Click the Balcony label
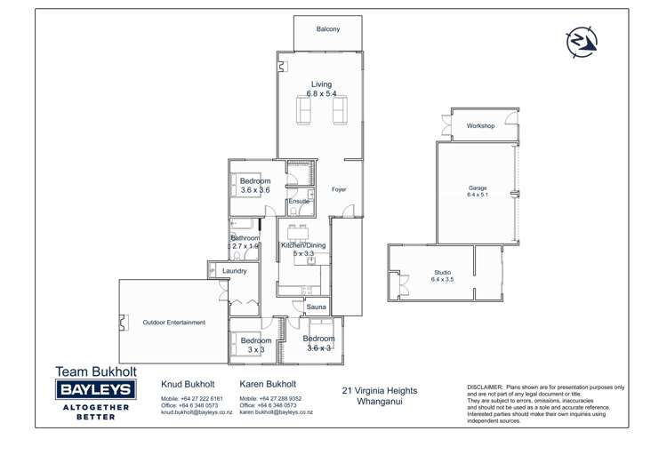[327, 29]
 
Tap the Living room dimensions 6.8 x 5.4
[321, 93]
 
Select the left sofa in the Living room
[302, 111]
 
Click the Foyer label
[339, 189]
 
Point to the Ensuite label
[299, 202]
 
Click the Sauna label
[317, 307]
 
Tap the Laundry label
[234, 270]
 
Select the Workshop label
[480, 126]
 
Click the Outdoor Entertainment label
[174, 323]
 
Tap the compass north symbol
[582, 41]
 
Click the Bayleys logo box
[94, 389]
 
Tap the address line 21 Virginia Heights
[379, 390]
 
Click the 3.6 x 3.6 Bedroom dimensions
[255, 190]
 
